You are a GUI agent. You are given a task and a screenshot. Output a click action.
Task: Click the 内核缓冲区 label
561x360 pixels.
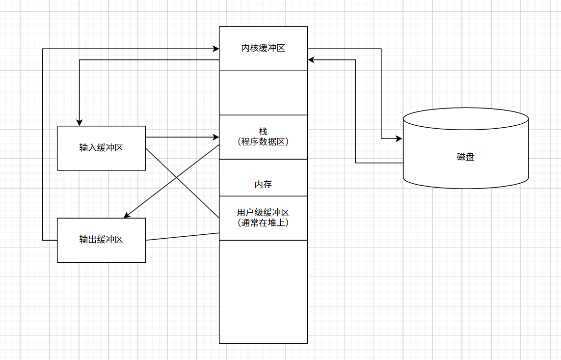[263, 48]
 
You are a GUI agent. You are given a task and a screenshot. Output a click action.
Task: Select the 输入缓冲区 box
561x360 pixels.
[101, 148]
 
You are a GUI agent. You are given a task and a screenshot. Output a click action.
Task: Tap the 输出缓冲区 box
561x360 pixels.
[101, 240]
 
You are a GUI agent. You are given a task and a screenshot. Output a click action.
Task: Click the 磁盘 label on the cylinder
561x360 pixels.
[465, 157]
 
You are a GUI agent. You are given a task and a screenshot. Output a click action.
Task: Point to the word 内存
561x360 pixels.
[263, 185]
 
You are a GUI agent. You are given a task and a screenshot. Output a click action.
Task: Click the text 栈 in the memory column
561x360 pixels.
[263, 132]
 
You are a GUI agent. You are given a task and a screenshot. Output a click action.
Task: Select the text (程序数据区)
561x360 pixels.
[263, 142]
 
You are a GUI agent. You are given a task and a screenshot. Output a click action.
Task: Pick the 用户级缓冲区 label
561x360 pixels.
[263, 213]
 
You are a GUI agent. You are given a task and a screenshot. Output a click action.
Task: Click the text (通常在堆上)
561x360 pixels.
[263, 222]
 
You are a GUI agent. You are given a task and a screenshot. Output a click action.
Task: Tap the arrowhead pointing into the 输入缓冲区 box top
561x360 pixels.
[80, 123]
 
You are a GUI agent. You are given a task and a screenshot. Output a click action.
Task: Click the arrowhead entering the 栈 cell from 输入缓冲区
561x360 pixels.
[216, 137]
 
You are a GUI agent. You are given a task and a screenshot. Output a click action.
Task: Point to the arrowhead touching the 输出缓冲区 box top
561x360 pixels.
[127, 216]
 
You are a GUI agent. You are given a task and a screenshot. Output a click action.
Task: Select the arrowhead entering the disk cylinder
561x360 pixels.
[399, 139]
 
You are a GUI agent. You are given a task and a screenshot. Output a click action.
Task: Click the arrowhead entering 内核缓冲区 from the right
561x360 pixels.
[311, 60]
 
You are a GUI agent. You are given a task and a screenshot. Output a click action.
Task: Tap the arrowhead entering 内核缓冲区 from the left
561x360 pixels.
[216, 49]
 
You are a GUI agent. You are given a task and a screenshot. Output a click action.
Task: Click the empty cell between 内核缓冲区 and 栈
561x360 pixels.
[263, 93]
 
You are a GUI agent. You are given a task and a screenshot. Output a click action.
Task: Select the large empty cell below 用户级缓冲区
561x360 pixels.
[263, 292]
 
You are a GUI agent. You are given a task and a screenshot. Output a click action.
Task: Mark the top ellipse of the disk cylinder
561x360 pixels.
[465, 119]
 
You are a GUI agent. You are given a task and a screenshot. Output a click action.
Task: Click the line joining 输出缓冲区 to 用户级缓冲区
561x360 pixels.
[182, 237]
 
